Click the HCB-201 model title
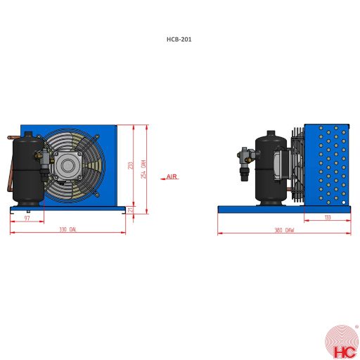pyautogui.click(x=179, y=39)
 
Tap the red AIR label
pyautogui.click(x=171, y=177)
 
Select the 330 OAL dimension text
pyautogui.click(x=67, y=230)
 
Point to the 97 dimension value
pyautogui.click(x=27, y=219)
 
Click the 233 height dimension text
pyautogui.click(x=130, y=166)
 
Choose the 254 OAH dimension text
pyautogui.click(x=143, y=169)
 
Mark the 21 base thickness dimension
pyautogui.click(x=131, y=209)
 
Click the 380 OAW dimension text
pyautogui.click(x=284, y=230)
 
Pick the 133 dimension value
pyautogui.click(x=328, y=218)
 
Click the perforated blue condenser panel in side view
pyautogui.click(x=327, y=165)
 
